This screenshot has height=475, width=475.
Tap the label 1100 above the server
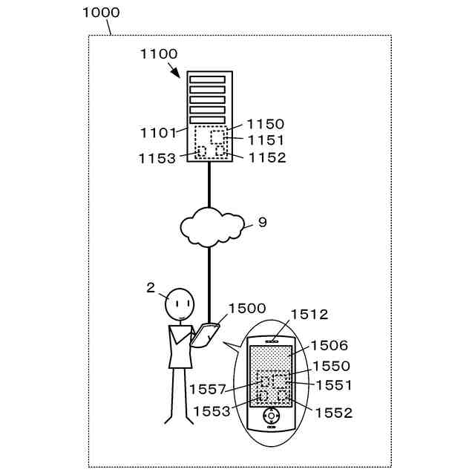tap(158, 53)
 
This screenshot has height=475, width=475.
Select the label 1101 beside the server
tap(158, 133)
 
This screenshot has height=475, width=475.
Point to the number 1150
tap(265, 124)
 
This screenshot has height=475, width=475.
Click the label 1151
tap(265, 140)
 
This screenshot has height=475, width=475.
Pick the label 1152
tap(266, 157)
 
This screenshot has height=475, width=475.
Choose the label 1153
tap(157, 158)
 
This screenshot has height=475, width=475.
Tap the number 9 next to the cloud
tap(262, 222)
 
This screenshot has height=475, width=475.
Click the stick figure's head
tap(180, 303)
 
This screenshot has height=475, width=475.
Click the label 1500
tap(246, 308)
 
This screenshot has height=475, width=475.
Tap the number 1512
tap(309, 314)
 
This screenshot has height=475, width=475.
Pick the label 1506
tap(329, 345)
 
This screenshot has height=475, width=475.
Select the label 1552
tap(333, 413)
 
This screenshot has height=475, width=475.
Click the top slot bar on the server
tap(207, 79)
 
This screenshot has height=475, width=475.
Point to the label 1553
tap(212, 410)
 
